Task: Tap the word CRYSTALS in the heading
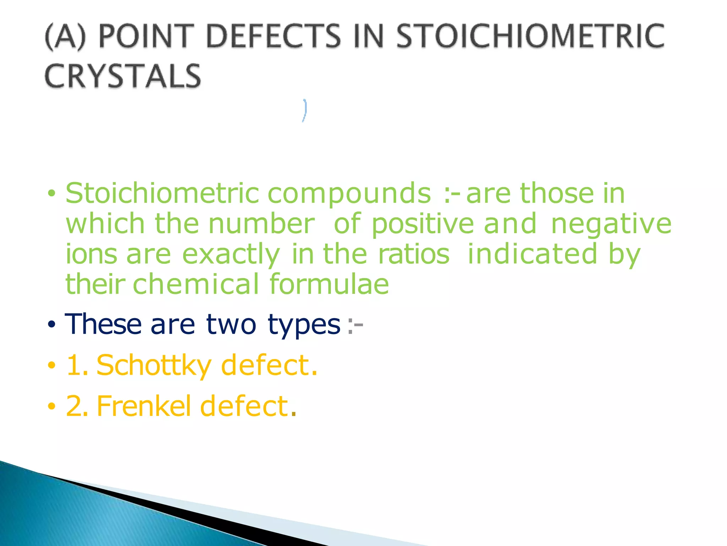click(123, 76)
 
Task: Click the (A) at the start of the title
click(66, 36)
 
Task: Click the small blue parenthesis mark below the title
click(304, 110)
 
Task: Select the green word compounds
click(349, 193)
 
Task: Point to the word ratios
click(414, 254)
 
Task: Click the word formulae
click(329, 284)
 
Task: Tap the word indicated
click(532, 254)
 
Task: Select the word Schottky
click(154, 366)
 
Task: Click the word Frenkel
click(144, 406)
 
